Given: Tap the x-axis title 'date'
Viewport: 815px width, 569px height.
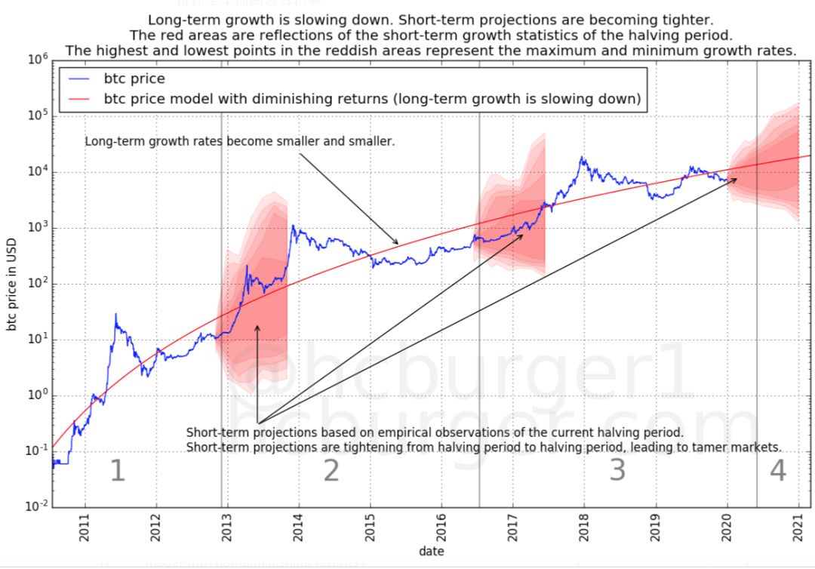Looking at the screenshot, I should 431,552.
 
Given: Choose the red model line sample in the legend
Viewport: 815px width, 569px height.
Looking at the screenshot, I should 78,99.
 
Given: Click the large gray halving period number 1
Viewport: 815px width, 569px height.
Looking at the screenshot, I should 117,471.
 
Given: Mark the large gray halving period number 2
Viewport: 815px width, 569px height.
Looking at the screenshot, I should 331,471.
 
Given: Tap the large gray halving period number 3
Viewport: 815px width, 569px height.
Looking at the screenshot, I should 617,471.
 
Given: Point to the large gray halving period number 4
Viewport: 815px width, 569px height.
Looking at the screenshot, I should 778,471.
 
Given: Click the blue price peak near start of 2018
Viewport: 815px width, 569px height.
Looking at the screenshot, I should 582,158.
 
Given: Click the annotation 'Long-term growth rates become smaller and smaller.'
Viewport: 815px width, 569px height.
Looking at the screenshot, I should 239,141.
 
